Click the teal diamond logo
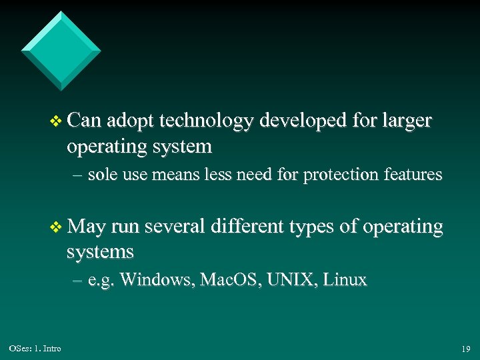click(x=61, y=51)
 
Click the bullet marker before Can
click(x=56, y=121)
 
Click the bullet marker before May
click(x=56, y=228)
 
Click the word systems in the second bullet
click(x=100, y=253)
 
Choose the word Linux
click(x=345, y=279)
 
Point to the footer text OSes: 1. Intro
click(x=35, y=349)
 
